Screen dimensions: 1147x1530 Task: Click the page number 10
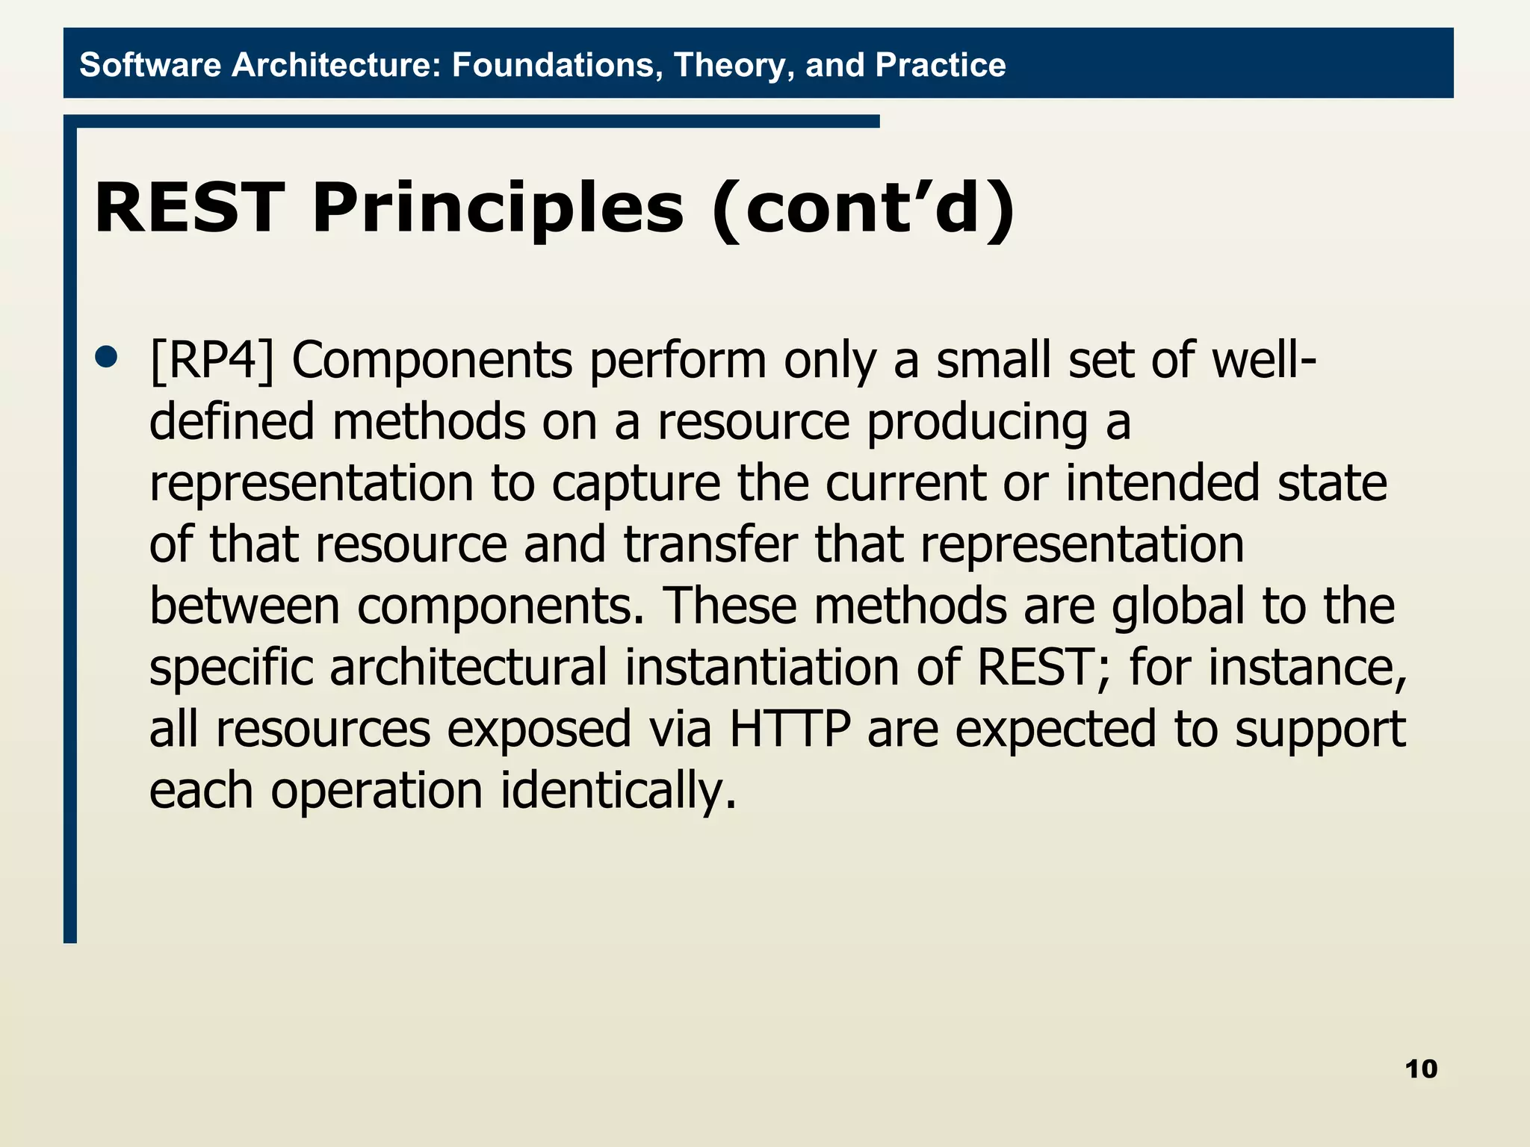coord(1421,1069)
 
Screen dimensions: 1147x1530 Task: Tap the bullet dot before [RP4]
coord(107,357)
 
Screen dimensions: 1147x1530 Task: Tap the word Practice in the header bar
coord(940,65)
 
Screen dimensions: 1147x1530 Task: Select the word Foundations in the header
coord(557,65)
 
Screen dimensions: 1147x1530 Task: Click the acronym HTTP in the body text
coord(790,729)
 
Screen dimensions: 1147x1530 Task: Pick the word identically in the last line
coord(619,790)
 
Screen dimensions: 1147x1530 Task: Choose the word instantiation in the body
coord(762,668)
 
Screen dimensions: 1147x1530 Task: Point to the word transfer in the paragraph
coord(710,545)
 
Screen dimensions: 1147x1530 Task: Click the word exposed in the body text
coord(539,729)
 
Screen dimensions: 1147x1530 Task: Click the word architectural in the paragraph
coord(468,668)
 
